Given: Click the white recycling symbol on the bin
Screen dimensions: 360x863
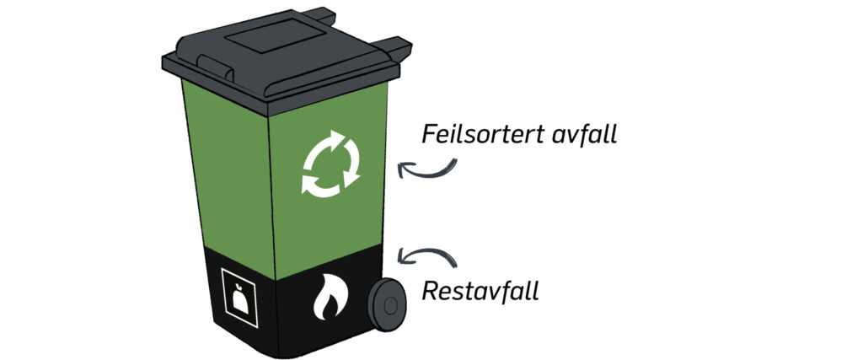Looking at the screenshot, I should (330, 164).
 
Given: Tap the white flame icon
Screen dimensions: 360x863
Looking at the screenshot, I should (328, 300).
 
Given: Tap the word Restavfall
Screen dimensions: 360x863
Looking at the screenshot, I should (480, 292).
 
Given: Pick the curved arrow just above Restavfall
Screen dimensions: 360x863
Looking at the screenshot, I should (425, 255).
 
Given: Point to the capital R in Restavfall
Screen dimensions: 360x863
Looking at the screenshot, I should (429, 292).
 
